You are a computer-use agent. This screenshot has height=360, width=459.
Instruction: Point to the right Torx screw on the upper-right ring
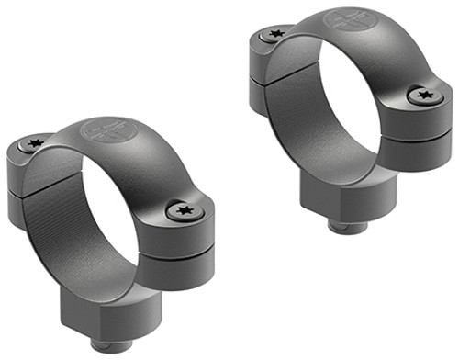pyautogui.click(x=422, y=94)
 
